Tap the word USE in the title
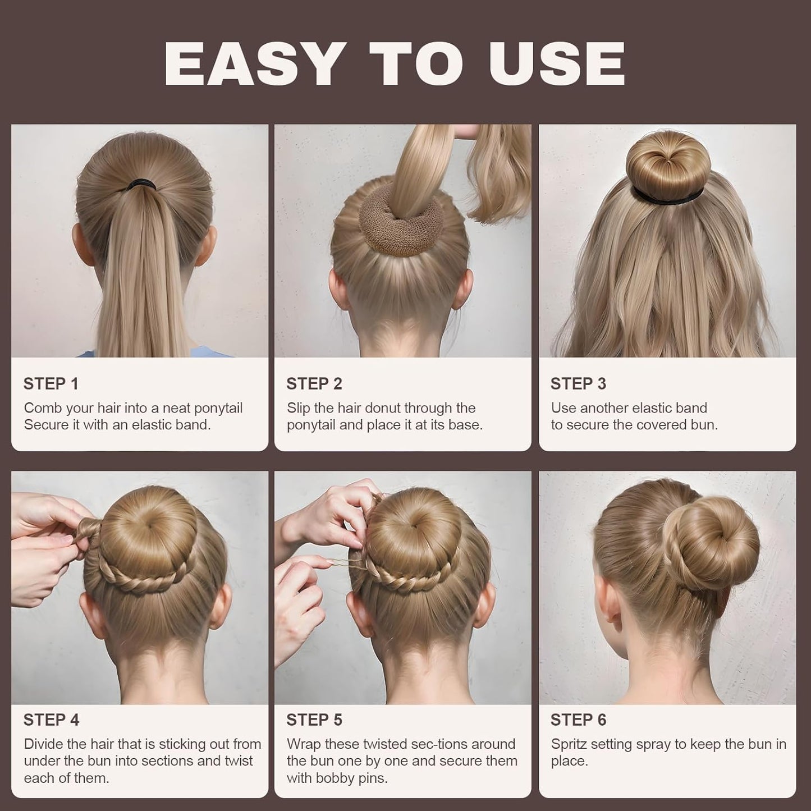556,64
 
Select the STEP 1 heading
51,384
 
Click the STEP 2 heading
314,384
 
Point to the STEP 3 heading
578,384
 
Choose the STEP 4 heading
51,720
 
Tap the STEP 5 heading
314,720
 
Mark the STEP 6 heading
578,720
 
